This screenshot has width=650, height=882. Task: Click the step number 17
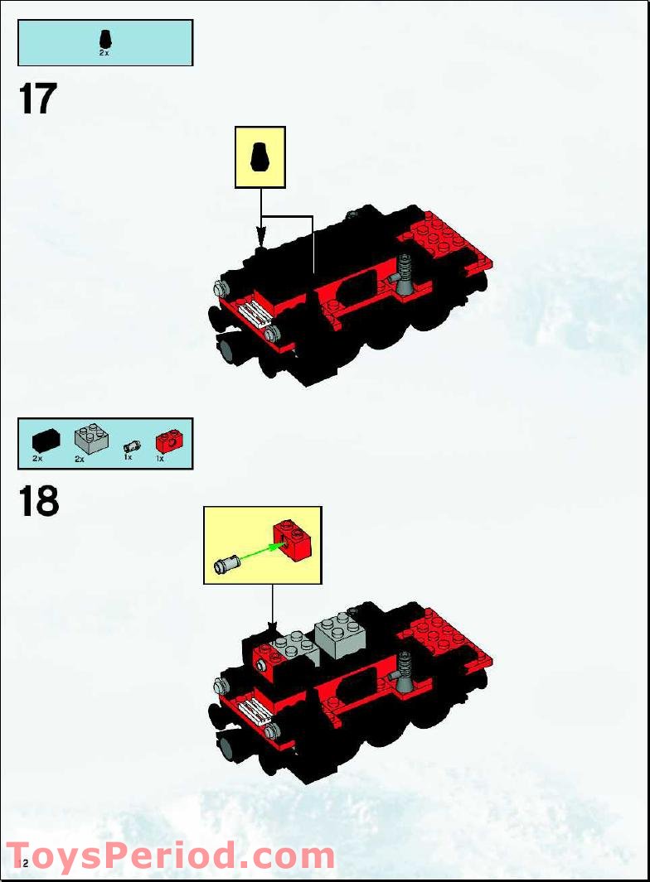click(x=37, y=99)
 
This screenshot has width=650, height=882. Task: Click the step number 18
click(x=38, y=501)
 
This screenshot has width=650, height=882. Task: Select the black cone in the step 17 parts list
click(x=104, y=38)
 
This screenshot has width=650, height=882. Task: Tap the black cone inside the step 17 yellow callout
click(x=260, y=156)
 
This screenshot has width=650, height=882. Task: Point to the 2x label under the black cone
click(x=104, y=52)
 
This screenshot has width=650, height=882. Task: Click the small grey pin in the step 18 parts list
click(x=129, y=445)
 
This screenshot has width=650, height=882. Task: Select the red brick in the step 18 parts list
click(x=167, y=440)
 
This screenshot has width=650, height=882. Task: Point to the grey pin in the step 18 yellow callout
click(x=226, y=566)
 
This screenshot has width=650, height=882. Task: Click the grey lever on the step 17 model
click(x=405, y=275)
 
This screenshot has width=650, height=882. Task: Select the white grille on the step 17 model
click(x=253, y=314)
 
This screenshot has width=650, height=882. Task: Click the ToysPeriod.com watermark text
click(x=170, y=855)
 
